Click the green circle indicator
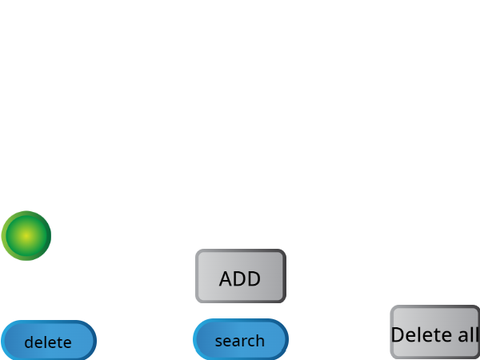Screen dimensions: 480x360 click(26, 236)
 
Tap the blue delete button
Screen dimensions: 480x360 click(49, 340)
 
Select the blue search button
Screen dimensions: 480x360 click(241, 339)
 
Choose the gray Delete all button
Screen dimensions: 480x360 click(435, 332)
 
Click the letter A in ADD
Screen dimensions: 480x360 click(226, 279)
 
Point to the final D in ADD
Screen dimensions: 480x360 click(254, 279)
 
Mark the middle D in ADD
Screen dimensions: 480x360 click(240, 279)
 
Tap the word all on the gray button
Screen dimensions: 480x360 click(468, 334)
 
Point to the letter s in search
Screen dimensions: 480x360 click(219, 342)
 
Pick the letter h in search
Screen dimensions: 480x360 click(259, 340)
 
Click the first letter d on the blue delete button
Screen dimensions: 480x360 click(29, 342)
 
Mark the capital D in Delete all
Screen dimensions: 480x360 click(398, 335)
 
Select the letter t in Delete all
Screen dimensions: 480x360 click(437, 335)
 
